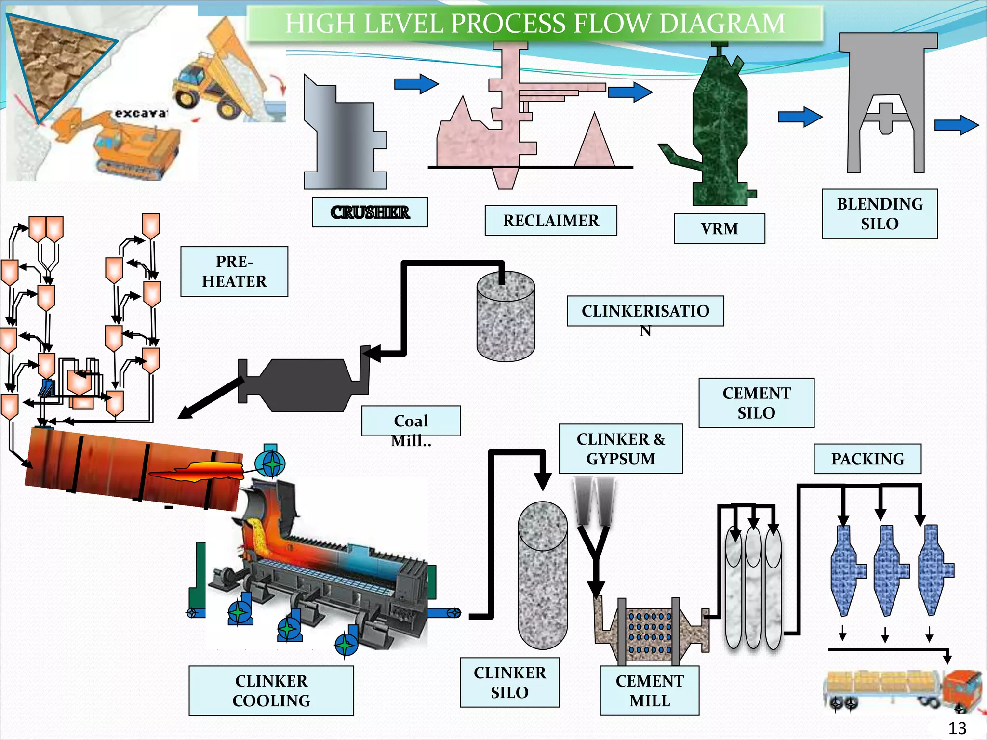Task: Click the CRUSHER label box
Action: (370, 212)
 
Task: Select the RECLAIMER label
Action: (551, 220)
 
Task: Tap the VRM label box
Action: (720, 228)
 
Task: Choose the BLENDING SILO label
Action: (880, 214)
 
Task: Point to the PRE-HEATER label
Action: (234, 271)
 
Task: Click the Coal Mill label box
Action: (411, 421)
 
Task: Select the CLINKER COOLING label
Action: (271, 690)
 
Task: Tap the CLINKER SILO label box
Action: (510, 682)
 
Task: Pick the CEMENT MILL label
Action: (650, 690)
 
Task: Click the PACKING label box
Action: (867, 459)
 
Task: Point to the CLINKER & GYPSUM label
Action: (621, 449)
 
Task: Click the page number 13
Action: (957, 727)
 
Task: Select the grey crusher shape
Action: (345, 132)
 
